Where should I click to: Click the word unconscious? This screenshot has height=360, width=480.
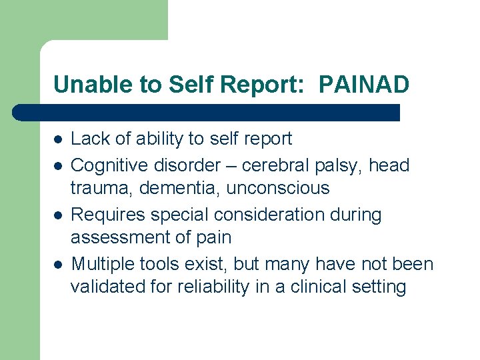tap(278, 188)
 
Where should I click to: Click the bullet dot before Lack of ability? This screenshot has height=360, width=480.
tap(59, 139)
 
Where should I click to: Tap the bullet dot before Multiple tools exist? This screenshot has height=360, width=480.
tap(59, 265)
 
